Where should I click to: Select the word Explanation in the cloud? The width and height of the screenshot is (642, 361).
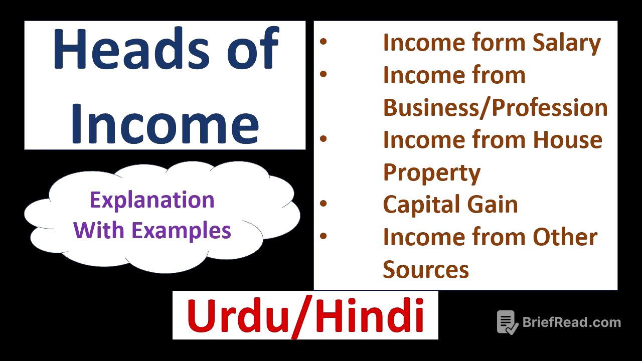point(152,200)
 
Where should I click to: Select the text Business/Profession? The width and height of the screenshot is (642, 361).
point(495,107)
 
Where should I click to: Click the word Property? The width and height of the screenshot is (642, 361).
point(431,173)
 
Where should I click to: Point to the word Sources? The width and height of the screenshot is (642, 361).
point(426,269)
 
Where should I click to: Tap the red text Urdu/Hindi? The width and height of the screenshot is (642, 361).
point(305,316)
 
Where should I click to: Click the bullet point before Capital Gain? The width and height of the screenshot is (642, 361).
point(324,204)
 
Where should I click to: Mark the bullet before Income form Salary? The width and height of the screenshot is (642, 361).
point(324,42)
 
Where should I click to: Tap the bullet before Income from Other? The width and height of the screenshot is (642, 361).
point(324,236)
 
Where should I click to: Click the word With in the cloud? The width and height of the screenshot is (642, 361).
point(100,231)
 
